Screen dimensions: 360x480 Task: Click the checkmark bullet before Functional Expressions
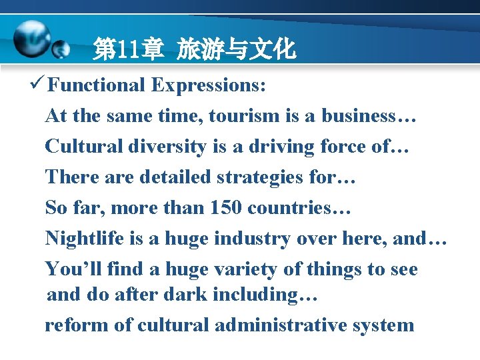click(38, 85)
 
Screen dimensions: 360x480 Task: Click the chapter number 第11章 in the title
click(128, 49)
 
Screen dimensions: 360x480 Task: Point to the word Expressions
click(208, 85)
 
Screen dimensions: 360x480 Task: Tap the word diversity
click(163, 147)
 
